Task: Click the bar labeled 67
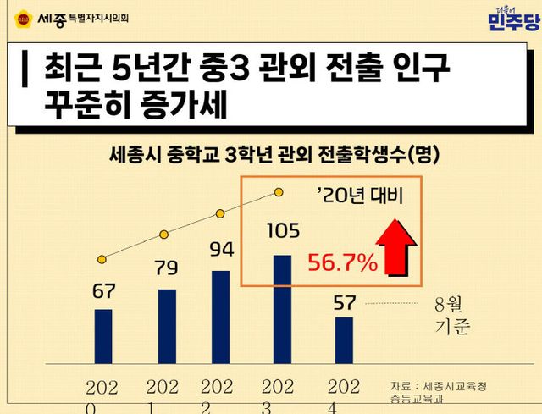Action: tap(103, 336)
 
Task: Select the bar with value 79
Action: tap(167, 326)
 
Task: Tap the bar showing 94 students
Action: tap(220, 317)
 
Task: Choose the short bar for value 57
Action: tap(344, 340)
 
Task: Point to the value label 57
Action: tap(344, 301)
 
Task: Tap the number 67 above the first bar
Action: tap(103, 291)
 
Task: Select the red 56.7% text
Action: tap(341, 263)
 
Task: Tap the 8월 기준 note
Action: tap(451, 315)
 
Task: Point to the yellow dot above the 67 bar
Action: tap(102, 257)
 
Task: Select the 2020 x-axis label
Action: tap(102, 395)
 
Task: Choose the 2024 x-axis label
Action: tap(344, 395)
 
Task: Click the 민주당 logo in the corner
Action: tap(513, 19)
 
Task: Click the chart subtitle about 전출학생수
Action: tap(274, 156)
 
